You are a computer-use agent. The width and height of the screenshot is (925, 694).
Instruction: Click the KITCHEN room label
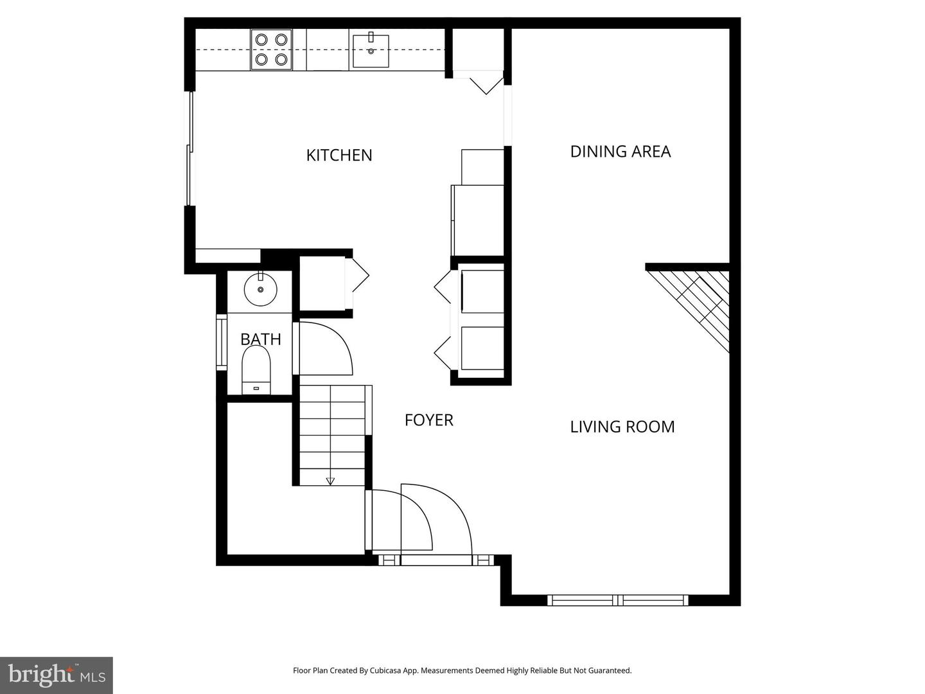tap(339, 155)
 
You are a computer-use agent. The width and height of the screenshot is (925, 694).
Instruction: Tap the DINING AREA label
tap(620, 151)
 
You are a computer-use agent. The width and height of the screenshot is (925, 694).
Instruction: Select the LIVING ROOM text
tap(622, 427)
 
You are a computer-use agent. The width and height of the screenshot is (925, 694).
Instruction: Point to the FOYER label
tap(428, 420)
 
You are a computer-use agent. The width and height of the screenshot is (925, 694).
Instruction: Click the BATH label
tap(260, 339)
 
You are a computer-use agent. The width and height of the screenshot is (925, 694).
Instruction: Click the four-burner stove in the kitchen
tap(271, 49)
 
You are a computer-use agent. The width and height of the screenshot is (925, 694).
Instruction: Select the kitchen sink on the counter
tap(370, 51)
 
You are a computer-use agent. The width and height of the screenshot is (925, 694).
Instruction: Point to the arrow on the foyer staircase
tap(330, 480)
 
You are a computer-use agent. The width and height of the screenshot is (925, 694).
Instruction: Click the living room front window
tap(617, 600)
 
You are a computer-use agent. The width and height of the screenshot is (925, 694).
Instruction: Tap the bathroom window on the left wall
tap(221, 342)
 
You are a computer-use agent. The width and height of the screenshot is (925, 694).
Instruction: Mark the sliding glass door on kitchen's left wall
tap(189, 149)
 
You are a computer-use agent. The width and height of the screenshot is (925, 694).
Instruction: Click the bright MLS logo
tap(57, 675)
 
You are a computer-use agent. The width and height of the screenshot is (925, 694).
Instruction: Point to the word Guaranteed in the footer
tap(611, 670)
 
